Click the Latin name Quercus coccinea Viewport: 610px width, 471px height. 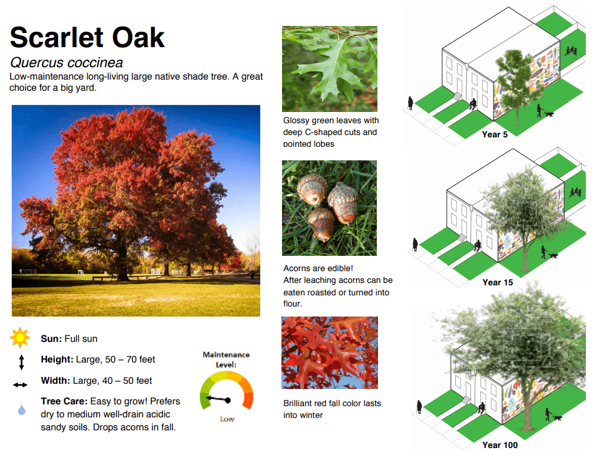66,62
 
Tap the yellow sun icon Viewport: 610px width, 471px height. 20,338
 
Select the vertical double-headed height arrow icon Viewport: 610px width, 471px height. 21,361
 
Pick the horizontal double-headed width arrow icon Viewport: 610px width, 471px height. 21,384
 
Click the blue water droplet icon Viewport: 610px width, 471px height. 22,410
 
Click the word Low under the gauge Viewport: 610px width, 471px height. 227,419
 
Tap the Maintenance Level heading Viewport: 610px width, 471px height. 226,360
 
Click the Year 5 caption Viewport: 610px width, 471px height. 495,134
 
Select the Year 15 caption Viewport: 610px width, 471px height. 498,282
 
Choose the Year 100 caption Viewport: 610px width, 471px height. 500,445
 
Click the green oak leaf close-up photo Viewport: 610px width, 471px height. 330,69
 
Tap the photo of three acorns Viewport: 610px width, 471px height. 329,207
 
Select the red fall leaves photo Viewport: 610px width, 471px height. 329,352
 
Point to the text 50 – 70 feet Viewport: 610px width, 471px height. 127,360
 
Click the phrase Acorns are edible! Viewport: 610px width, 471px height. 319,268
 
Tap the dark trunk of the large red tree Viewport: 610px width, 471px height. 122,268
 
